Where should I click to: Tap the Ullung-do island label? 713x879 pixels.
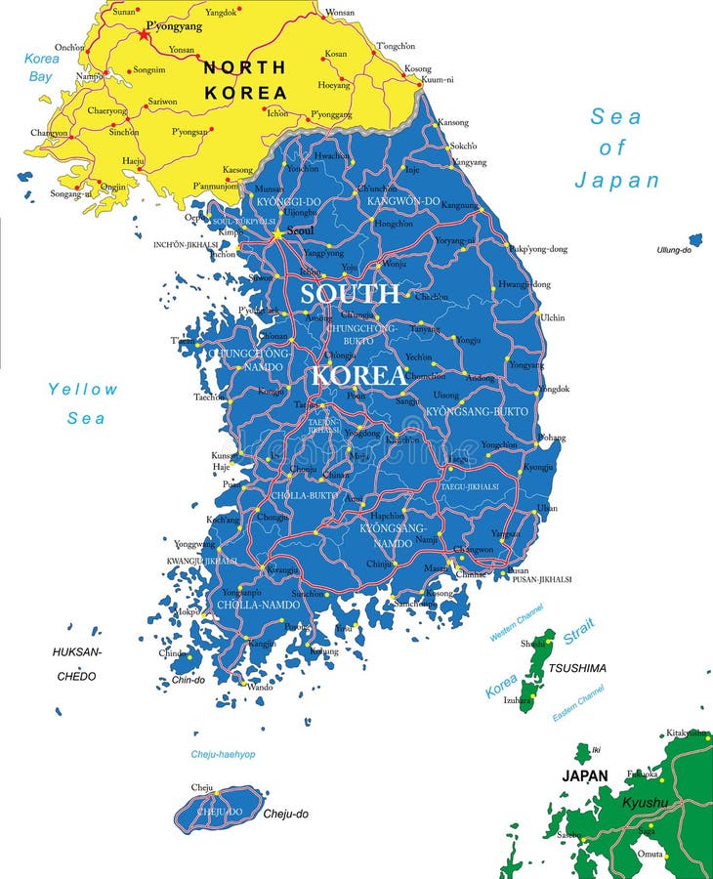pyautogui.click(x=674, y=250)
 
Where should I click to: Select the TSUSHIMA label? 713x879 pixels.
pyautogui.click(x=576, y=668)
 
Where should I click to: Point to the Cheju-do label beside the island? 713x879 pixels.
pyautogui.click(x=286, y=813)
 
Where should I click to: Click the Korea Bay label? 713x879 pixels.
pyautogui.click(x=41, y=66)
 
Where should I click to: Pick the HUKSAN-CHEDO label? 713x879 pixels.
pyautogui.click(x=77, y=663)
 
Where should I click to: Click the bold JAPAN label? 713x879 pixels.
pyautogui.click(x=585, y=775)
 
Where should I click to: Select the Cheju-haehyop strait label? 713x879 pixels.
pyautogui.click(x=223, y=754)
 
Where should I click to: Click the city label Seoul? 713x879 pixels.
pyautogui.click(x=301, y=230)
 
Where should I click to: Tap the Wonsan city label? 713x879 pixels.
pyautogui.click(x=340, y=12)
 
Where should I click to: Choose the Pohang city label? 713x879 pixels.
pyautogui.click(x=552, y=437)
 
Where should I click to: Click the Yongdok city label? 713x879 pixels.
pyautogui.click(x=554, y=389)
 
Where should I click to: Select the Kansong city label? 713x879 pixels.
pyautogui.click(x=453, y=122)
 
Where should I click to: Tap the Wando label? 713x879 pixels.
pyautogui.click(x=260, y=688)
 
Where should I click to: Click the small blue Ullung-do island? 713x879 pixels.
pyautogui.click(x=695, y=239)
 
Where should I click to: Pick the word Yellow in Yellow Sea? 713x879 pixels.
pyautogui.click(x=83, y=389)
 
